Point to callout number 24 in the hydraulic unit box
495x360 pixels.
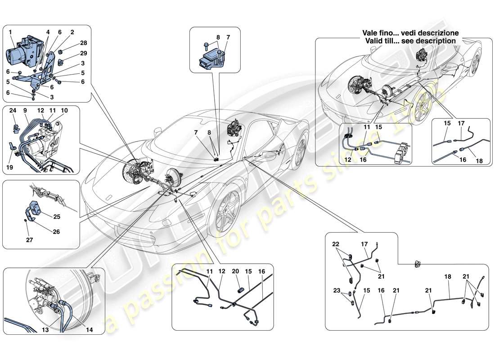tap(13, 110)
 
